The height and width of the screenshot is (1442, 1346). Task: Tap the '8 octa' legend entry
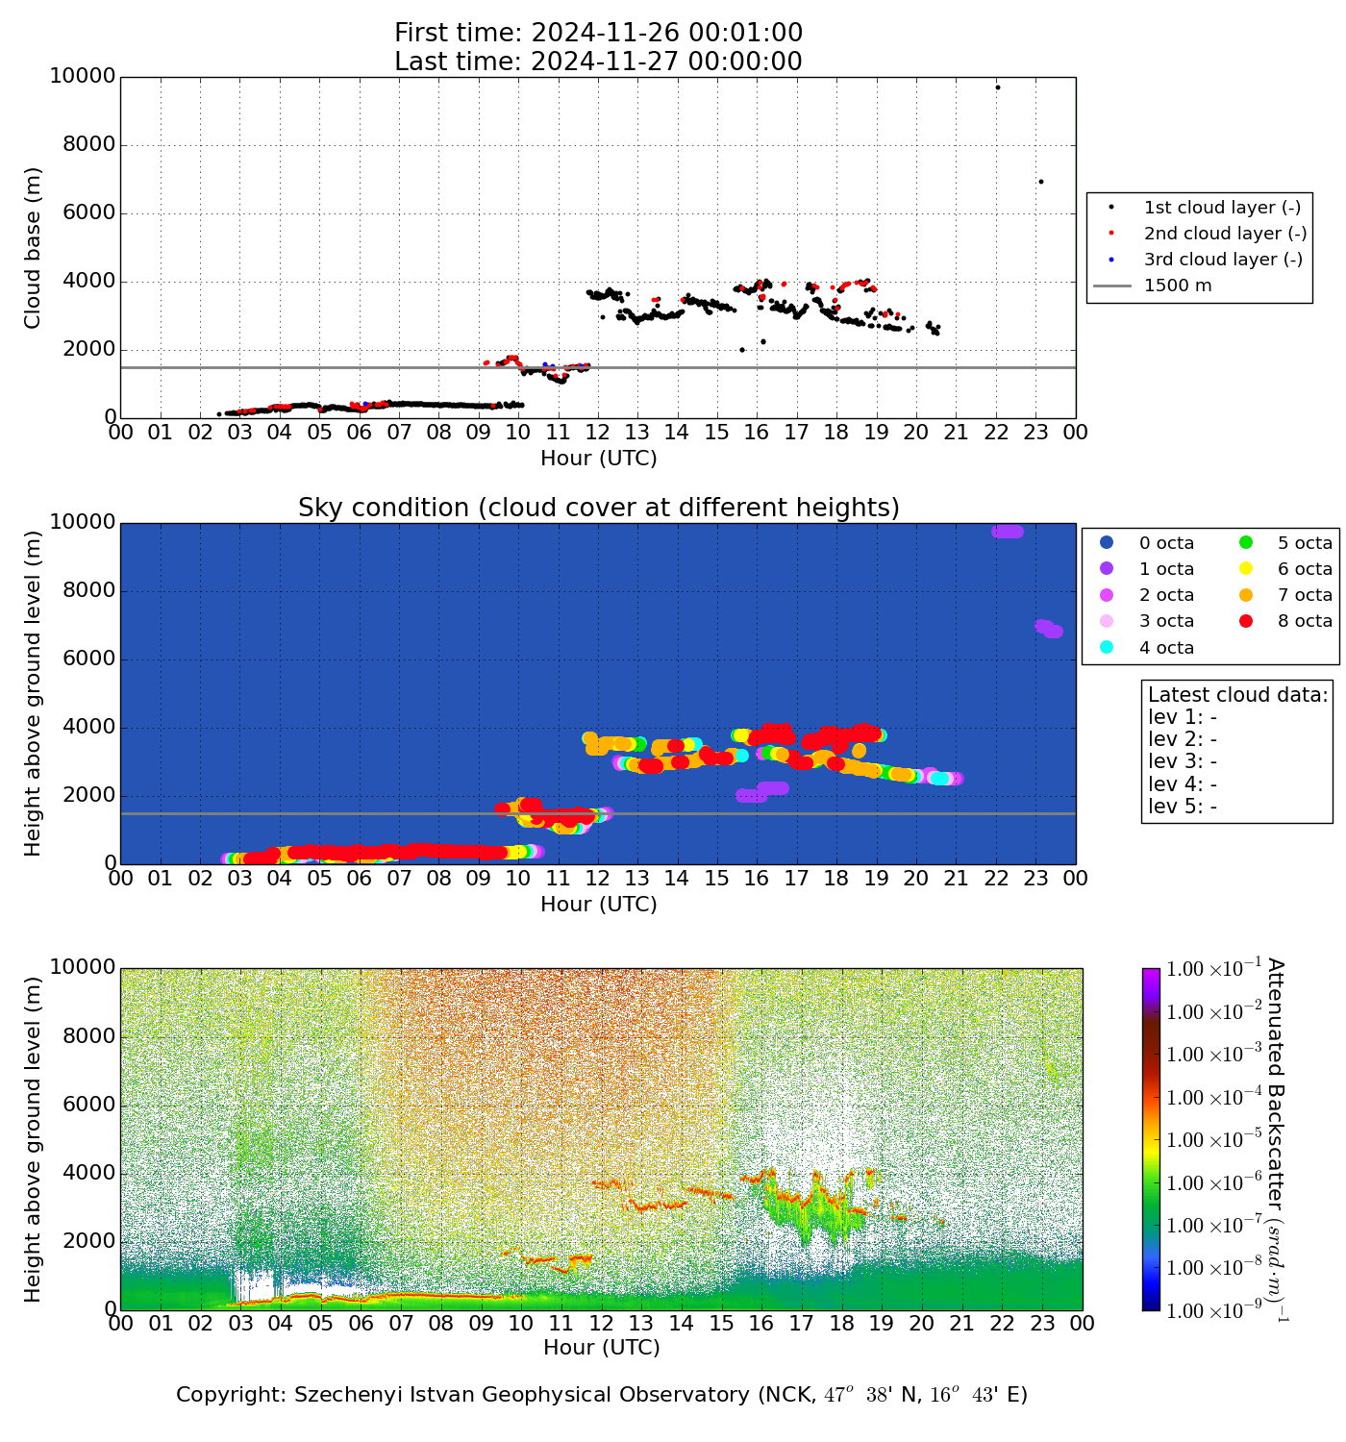(x=1305, y=621)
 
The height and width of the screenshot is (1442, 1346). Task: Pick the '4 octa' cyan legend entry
(x=1166, y=648)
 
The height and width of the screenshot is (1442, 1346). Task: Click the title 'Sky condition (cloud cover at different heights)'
(x=598, y=508)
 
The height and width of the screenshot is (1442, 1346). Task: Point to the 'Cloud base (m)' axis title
(x=34, y=248)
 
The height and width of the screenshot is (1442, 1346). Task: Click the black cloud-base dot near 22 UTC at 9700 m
(x=997, y=87)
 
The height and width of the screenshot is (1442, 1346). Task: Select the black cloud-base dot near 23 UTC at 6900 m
(x=1040, y=182)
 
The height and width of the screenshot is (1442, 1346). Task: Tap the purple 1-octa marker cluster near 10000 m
(x=1008, y=532)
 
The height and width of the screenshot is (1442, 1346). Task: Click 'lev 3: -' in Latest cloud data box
(x=1183, y=761)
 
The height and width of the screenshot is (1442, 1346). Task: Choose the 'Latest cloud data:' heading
(x=1237, y=695)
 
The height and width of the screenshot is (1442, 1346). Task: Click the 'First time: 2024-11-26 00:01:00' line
(x=598, y=34)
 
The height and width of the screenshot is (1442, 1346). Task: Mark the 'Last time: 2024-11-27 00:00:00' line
(x=598, y=62)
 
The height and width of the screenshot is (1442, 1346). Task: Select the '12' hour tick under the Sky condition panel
(x=598, y=879)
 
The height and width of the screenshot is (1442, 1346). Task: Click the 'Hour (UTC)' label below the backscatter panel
(x=601, y=1348)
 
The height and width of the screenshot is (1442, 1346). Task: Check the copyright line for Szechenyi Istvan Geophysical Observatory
(x=601, y=1395)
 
